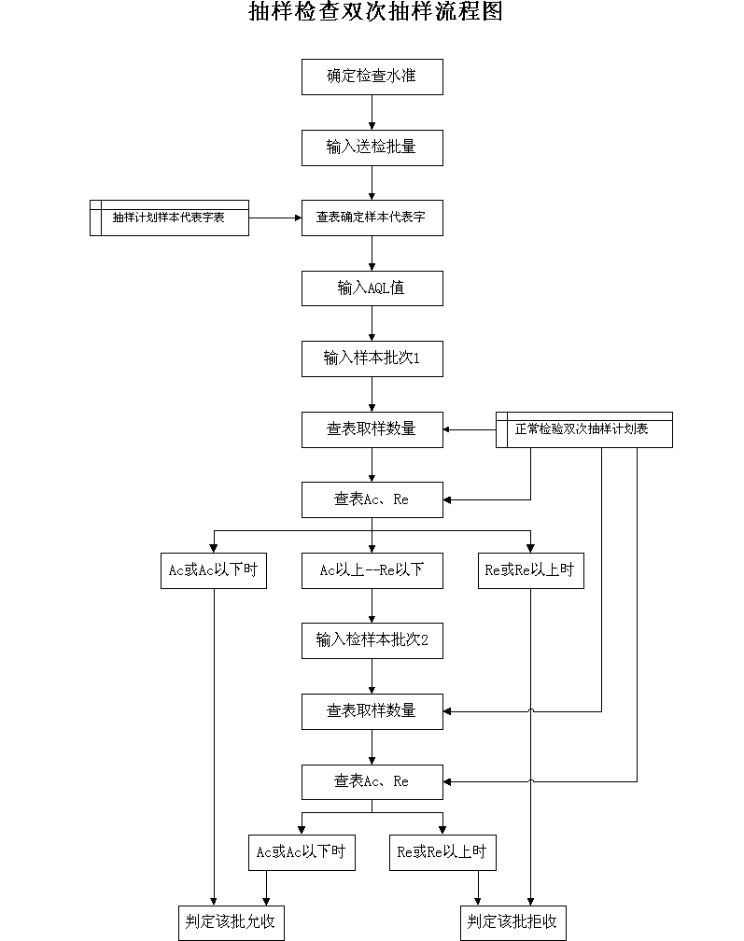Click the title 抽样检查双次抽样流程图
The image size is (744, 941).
pos(375,11)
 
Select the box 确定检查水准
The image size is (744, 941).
pos(372,77)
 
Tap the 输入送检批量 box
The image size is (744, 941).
pos(372,147)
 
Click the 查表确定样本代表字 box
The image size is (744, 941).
pos(372,218)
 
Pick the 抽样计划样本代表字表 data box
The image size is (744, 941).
pos(169,218)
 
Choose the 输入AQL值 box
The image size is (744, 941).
pos(372,288)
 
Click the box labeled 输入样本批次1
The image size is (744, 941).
pos(372,358)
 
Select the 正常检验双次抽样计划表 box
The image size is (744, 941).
pos(583,429)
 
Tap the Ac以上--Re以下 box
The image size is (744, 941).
pos(372,570)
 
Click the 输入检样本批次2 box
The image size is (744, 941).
pos(372,641)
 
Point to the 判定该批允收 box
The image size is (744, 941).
pos(231,923)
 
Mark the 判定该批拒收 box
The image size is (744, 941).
pos(513,923)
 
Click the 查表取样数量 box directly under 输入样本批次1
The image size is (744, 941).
pos(372,429)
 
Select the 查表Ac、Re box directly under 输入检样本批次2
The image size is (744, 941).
pos(372,782)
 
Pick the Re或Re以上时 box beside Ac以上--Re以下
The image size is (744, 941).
pos(531,570)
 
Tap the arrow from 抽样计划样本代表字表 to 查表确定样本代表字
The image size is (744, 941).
pos(275,218)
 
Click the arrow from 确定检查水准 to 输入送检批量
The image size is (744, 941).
pos(372,112)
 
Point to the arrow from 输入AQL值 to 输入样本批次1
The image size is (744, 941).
pos(372,323)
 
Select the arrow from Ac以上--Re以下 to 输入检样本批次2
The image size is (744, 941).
pos(372,606)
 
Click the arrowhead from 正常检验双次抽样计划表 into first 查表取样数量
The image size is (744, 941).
pos(447,429)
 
